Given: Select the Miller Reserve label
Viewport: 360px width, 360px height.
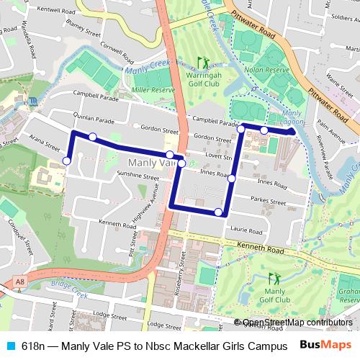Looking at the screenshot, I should point(154,90).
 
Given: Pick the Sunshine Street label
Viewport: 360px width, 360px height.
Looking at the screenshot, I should point(138,175).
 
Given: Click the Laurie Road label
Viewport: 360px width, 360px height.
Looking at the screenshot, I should point(247,231).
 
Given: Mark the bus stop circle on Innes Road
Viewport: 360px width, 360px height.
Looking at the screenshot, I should point(232,178).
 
